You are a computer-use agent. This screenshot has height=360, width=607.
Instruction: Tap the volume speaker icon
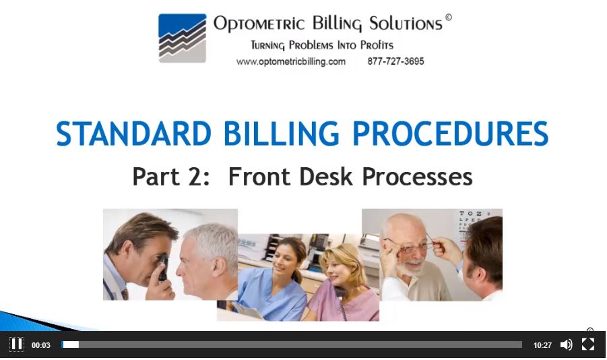pos(566,344)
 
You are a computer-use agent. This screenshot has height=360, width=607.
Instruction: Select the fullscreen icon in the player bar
pos(588,344)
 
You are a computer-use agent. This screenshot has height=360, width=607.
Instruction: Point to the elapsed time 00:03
pos(41,345)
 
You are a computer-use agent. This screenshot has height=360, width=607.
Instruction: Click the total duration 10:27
pos(542,345)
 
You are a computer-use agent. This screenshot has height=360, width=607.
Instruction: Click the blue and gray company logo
pos(183,38)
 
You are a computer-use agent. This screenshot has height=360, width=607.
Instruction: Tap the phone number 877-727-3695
pos(395,61)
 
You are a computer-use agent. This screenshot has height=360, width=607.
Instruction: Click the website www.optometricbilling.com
pos(291,61)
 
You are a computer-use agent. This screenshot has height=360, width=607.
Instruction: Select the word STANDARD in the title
pos(131,133)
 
